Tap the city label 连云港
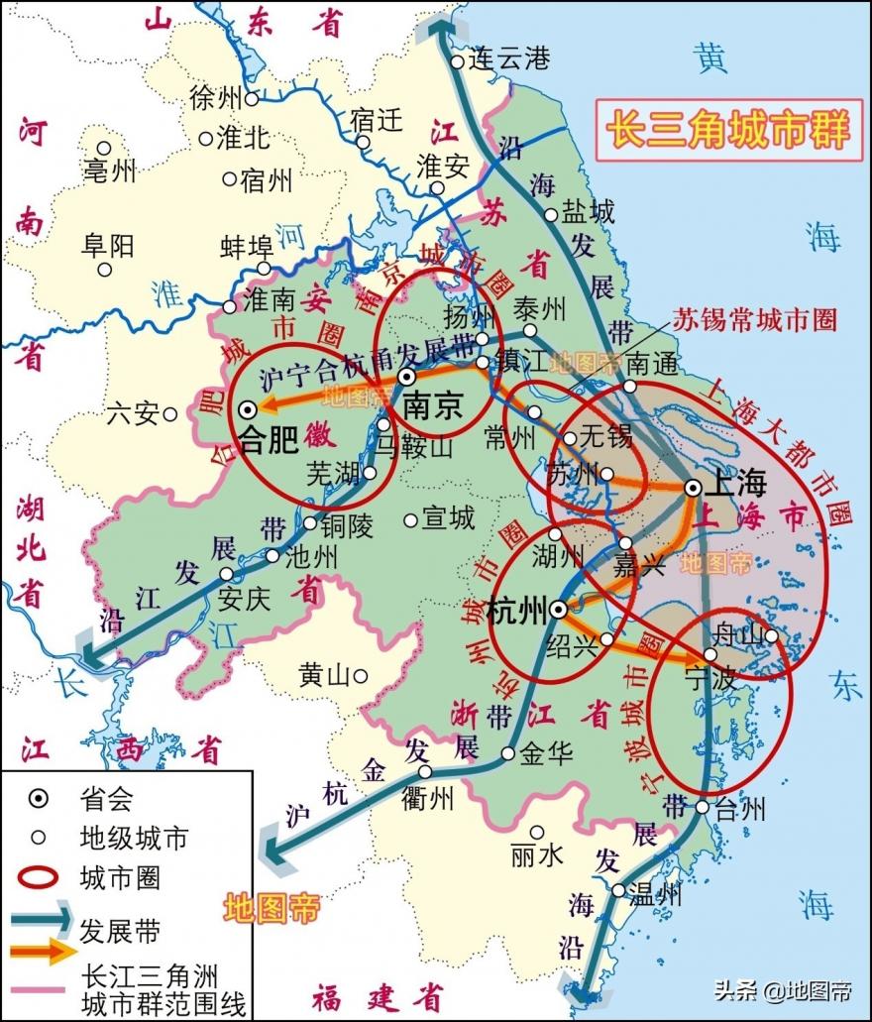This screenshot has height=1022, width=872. coord(509,59)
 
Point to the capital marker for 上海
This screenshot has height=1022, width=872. coord(694,487)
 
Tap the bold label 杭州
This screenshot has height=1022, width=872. coord(517,611)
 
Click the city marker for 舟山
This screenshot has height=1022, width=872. coord(770,635)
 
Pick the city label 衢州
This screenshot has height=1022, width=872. coord(428,799)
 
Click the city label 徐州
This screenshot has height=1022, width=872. coord(215,98)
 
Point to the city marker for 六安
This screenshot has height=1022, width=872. coord(169,413)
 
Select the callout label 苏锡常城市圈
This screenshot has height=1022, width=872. coord(754,318)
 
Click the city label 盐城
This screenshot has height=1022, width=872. coord(589,211)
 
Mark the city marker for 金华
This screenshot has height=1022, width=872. coord(507,753)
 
